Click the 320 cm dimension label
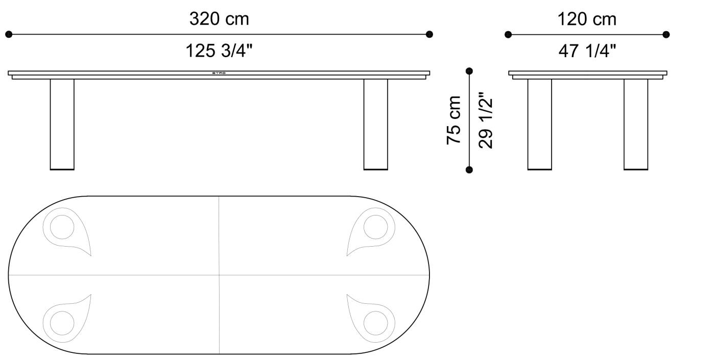(x=219, y=19)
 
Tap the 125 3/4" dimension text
(x=219, y=51)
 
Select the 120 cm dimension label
(x=587, y=19)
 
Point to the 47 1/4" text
(x=587, y=51)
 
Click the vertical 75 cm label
(x=454, y=120)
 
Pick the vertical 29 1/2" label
(x=485, y=120)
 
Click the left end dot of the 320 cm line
(x=9, y=34)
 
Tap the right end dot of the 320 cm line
(x=430, y=34)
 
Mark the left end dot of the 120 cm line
(x=508, y=34)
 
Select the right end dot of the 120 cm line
(x=666, y=34)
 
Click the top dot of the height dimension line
(x=469, y=71)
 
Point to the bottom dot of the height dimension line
(x=469, y=170)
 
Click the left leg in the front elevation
(x=62, y=124)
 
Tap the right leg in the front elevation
(x=375, y=124)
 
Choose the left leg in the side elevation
(x=539, y=124)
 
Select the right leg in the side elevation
(x=636, y=124)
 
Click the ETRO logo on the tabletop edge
(x=219, y=73)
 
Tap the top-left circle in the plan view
(x=62, y=226)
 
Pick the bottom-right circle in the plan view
(x=376, y=323)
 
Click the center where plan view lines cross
(x=219, y=275)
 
